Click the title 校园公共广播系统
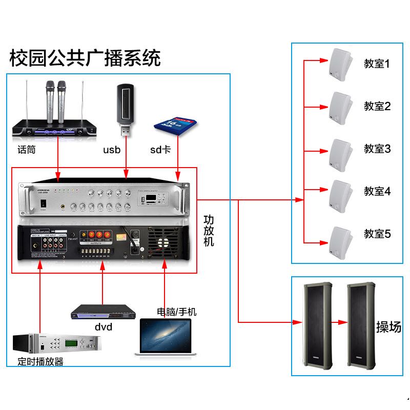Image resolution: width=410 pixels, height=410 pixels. [85, 58]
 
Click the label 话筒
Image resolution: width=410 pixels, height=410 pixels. [26, 150]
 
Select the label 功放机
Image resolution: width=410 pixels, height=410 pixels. [209, 230]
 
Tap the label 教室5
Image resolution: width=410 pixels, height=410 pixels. [377, 234]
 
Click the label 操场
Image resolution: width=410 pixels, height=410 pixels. [388, 326]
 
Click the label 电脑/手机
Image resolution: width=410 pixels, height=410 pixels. [176, 312]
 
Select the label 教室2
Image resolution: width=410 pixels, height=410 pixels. [377, 106]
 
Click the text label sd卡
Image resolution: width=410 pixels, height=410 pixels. [160, 150]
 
